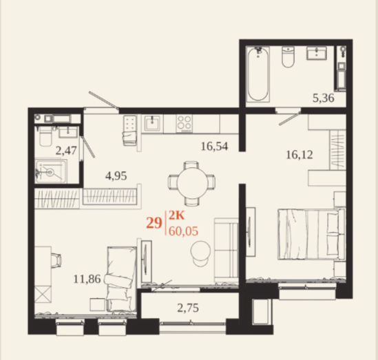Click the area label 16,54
(214, 146)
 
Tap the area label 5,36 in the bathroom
(324, 98)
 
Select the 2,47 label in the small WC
(66, 151)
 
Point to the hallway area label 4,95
(116, 176)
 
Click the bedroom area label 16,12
(300, 155)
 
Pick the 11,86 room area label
(87, 279)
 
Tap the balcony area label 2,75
(188, 308)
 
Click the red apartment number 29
(154, 222)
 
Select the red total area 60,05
(183, 231)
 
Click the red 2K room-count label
(176, 215)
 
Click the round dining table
(192, 183)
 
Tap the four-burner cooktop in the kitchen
(185, 124)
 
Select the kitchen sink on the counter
(152, 123)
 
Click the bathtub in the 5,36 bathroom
(258, 74)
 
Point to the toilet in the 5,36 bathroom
(288, 57)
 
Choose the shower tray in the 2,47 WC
(51, 171)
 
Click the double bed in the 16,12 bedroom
(311, 234)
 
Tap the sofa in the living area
(227, 250)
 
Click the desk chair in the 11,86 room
(56, 260)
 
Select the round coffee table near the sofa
(200, 251)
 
